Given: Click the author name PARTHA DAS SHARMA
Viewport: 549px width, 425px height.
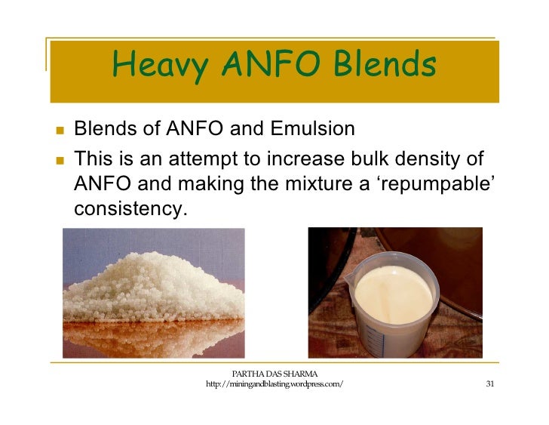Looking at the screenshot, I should (x=274, y=374).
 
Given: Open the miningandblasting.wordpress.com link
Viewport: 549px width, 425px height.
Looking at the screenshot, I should (x=274, y=385).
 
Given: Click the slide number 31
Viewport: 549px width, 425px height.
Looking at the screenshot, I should (x=489, y=384).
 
